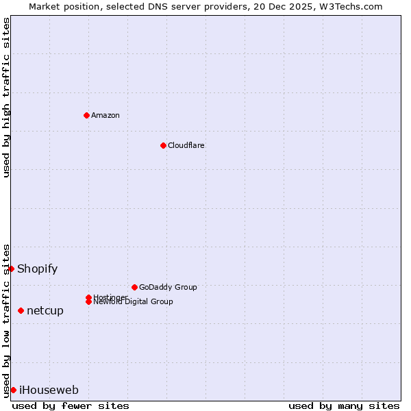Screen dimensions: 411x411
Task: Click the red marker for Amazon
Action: pos(86,115)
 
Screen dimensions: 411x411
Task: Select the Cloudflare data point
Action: pos(163,145)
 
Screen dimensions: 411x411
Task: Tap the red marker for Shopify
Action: pos(12,269)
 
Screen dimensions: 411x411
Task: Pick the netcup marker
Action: pos(21,311)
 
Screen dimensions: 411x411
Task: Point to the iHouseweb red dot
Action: pos(13,390)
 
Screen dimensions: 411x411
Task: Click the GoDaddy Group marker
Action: pos(134,287)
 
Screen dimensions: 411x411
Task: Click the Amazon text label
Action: pos(105,115)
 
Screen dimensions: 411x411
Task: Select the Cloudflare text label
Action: pos(186,145)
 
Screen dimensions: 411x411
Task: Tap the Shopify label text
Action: pos(38,269)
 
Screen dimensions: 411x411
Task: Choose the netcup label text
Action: pos(45,311)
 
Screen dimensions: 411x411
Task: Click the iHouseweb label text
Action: pos(49,390)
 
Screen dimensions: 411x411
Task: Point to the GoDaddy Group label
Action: pos(168,287)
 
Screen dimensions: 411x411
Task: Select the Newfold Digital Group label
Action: pos(134,302)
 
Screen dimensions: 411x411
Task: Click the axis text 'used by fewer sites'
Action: pos(71,406)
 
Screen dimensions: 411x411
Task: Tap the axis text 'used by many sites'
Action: pos(344,406)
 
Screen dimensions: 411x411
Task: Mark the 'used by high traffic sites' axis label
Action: pos(7,97)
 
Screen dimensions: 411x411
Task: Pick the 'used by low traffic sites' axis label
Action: pos(7,320)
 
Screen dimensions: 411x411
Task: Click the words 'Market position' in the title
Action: pos(62,6)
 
